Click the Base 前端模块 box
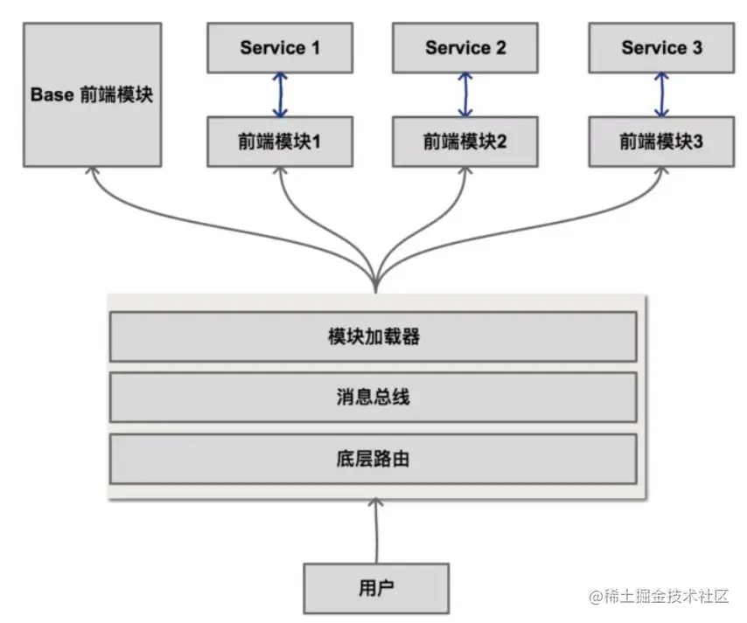click(92, 94)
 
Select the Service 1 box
click(280, 48)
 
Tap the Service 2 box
click(465, 48)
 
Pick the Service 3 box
click(661, 48)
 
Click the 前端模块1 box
click(280, 142)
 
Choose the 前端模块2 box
click(465, 142)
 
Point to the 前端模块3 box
click(661, 142)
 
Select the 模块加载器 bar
click(373, 336)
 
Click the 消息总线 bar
click(373, 398)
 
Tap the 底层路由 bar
click(373, 458)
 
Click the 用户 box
click(376, 587)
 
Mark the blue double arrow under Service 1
click(280, 94)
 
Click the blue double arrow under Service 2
click(465, 94)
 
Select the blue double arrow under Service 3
click(661, 94)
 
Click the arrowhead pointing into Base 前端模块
click(92, 173)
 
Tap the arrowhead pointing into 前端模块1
click(280, 173)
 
